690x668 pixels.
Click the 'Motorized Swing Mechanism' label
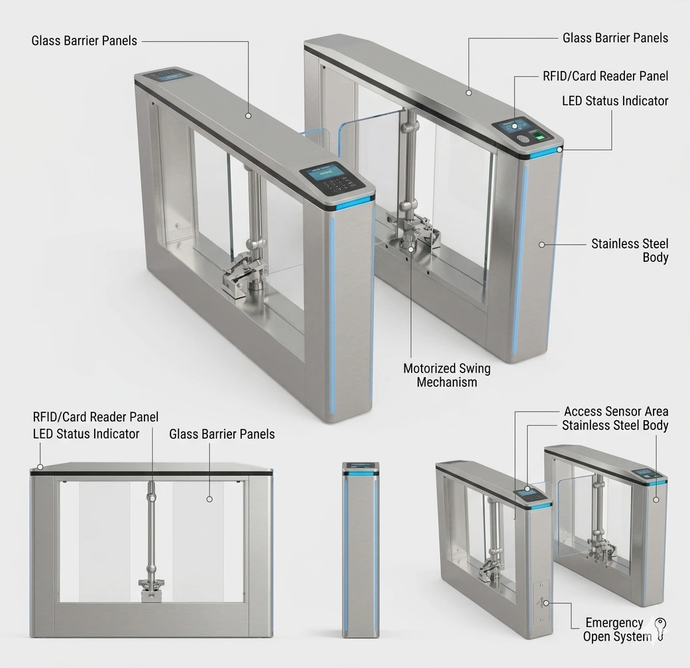[447, 375]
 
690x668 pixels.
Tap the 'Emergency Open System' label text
[617, 630]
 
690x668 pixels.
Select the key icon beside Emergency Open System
[660, 630]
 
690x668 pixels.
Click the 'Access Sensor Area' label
[616, 412]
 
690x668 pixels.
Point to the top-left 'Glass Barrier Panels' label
[84, 40]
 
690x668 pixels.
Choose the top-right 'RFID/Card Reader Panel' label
[606, 76]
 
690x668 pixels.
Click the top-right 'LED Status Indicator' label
[615, 101]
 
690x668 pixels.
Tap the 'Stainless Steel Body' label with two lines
[630, 250]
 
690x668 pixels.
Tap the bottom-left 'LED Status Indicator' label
[86, 434]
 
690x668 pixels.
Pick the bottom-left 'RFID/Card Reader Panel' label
[95, 417]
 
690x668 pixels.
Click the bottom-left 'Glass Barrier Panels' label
[222, 434]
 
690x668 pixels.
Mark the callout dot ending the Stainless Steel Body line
[542, 245]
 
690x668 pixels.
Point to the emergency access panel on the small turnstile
[541, 603]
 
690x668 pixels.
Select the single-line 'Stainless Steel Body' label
[615, 425]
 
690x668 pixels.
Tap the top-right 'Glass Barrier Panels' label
[615, 38]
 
